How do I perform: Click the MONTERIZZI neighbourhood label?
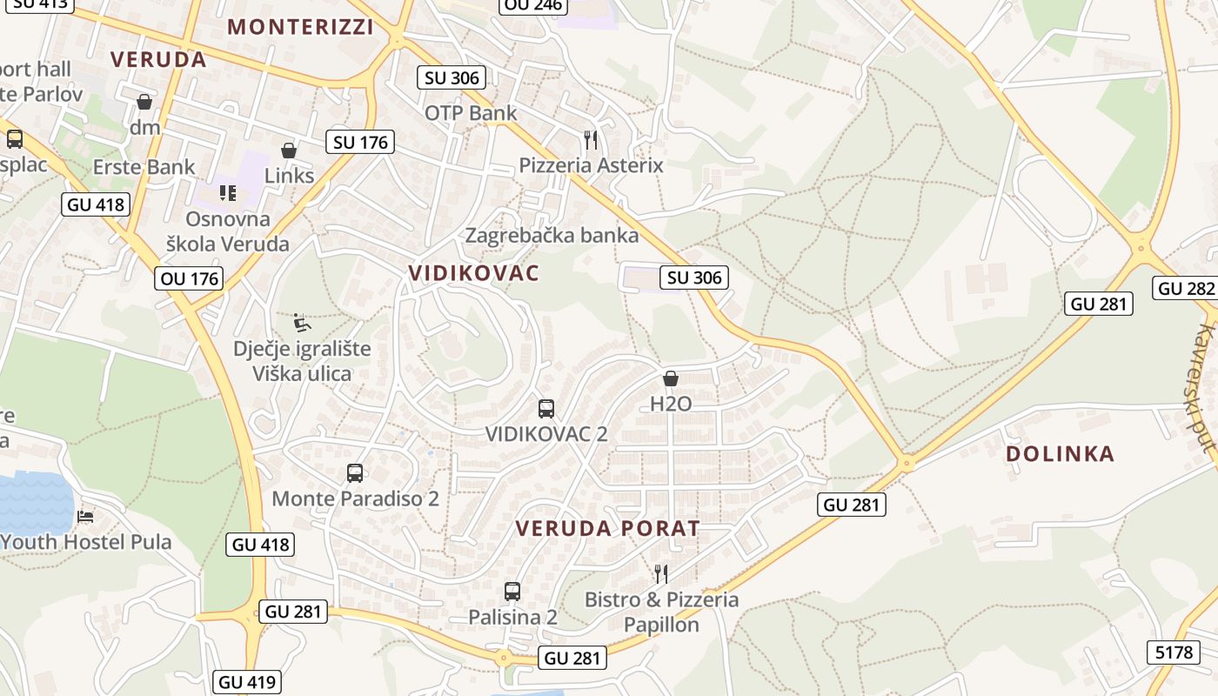[x=300, y=27]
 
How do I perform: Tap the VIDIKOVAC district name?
[x=474, y=273]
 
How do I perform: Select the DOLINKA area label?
[x=1060, y=454]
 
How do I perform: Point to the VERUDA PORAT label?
[x=607, y=529]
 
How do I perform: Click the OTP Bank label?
[x=471, y=113]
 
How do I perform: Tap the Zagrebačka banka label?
[x=552, y=236]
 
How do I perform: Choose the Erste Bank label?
[x=144, y=167]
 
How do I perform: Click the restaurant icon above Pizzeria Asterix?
[x=591, y=139]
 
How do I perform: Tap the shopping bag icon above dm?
[x=144, y=102]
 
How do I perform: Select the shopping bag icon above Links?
[x=289, y=151]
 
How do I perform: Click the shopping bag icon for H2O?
[x=671, y=378]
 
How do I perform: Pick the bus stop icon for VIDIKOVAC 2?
[x=546, y=408]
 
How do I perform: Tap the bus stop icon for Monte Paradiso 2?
[x=355, y=473]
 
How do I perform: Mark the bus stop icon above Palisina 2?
[x=512, y=592]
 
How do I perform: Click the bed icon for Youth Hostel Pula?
[x=85, y=517]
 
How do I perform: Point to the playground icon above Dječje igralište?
[x=301, y=324]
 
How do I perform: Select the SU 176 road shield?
[x=360, y=142]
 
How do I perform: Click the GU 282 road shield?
[x=1186, y=289]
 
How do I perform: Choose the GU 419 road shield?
[x=247, y=683]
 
